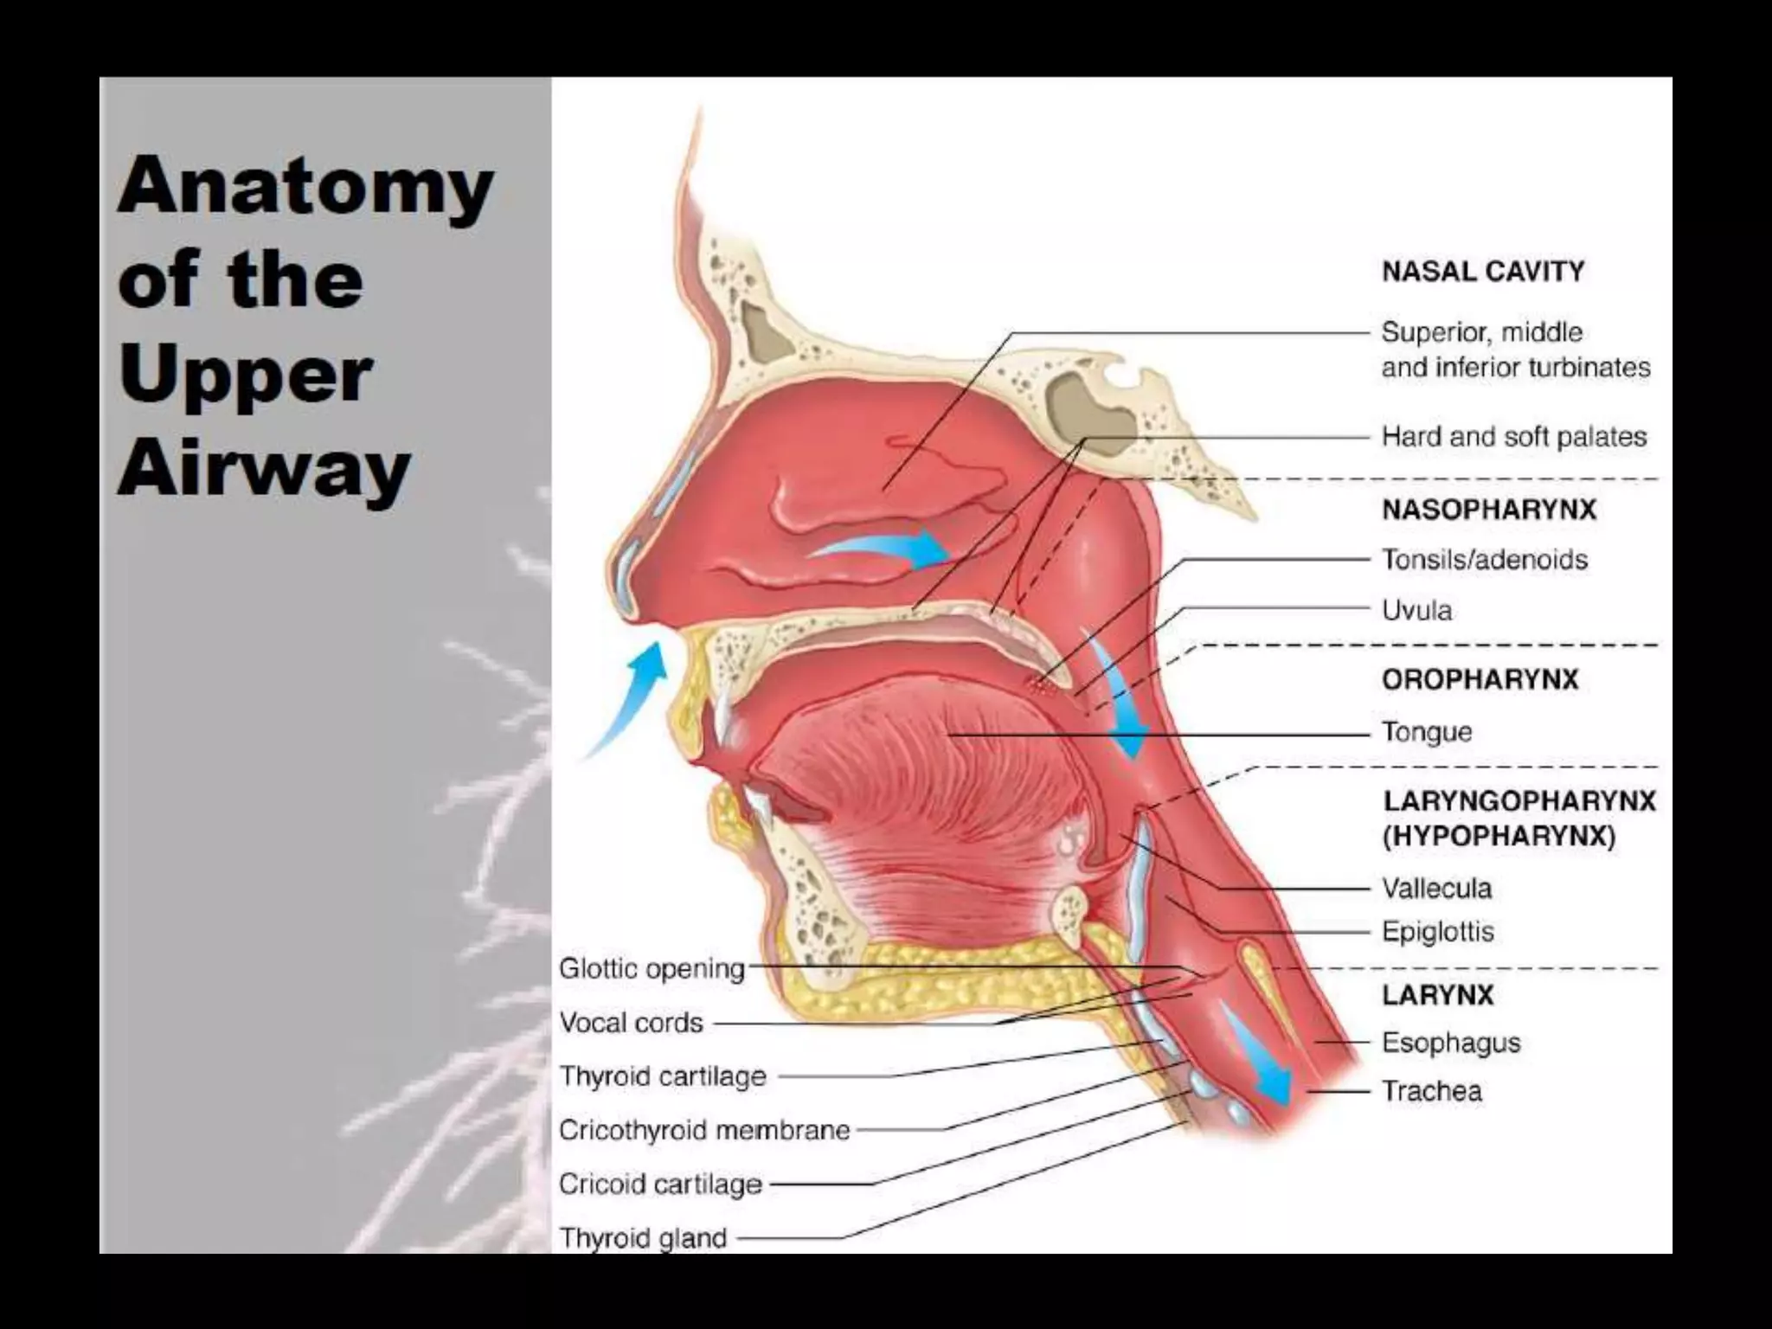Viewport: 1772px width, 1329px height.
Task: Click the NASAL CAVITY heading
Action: pos(1483,272)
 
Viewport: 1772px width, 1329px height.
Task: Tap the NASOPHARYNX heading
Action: pos(1489,509)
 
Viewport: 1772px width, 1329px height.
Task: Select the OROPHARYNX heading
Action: pos(1480,679)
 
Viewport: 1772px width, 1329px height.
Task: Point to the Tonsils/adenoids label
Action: pos(1484,560)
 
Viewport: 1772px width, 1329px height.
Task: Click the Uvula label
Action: pos(1416,611)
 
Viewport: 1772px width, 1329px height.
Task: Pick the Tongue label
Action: pos(1427,732)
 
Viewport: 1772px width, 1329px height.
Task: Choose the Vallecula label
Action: pos(1436,889)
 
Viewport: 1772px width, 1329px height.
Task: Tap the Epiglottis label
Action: pos(1437,932)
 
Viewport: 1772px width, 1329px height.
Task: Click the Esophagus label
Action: pos(1450,1043)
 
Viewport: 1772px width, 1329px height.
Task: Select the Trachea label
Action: pos(1431,1091)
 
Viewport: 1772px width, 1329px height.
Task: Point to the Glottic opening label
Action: pos(652,968)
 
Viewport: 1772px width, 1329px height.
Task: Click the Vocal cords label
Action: pos(631,1023)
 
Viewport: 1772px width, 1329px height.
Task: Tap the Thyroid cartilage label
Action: pos(663,1076)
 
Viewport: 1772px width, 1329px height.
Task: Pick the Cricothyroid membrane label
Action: pos(704,1130)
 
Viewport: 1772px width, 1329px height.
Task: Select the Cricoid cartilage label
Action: pos(660,1184)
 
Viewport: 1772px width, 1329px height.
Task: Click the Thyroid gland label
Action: pos(643,1238)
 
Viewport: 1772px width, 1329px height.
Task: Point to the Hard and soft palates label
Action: pos(1513,437)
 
